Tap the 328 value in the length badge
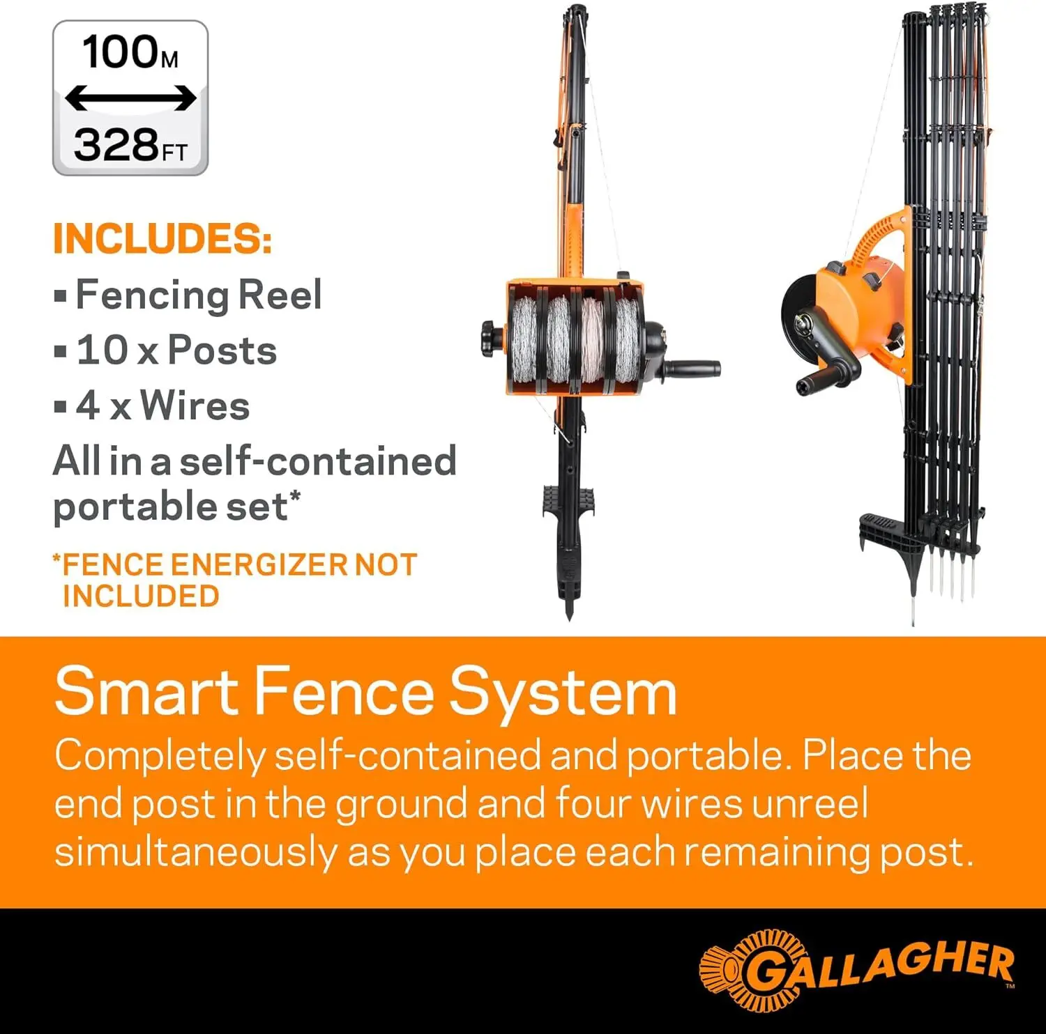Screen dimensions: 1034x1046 coord(116,145)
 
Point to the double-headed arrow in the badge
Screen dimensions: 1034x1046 coord(130,98)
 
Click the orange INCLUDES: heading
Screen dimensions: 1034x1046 coord(162,239)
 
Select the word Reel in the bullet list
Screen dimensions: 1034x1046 coord(280,295)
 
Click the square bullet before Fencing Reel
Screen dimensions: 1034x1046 coord(61,296)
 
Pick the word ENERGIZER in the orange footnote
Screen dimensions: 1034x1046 coord(259,564)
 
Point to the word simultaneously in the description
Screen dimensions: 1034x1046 coord(196,853)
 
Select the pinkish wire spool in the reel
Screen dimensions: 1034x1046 coord(592,340)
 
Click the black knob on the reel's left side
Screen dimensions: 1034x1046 coord(492,339)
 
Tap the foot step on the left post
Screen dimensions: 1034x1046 coord(568,501)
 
